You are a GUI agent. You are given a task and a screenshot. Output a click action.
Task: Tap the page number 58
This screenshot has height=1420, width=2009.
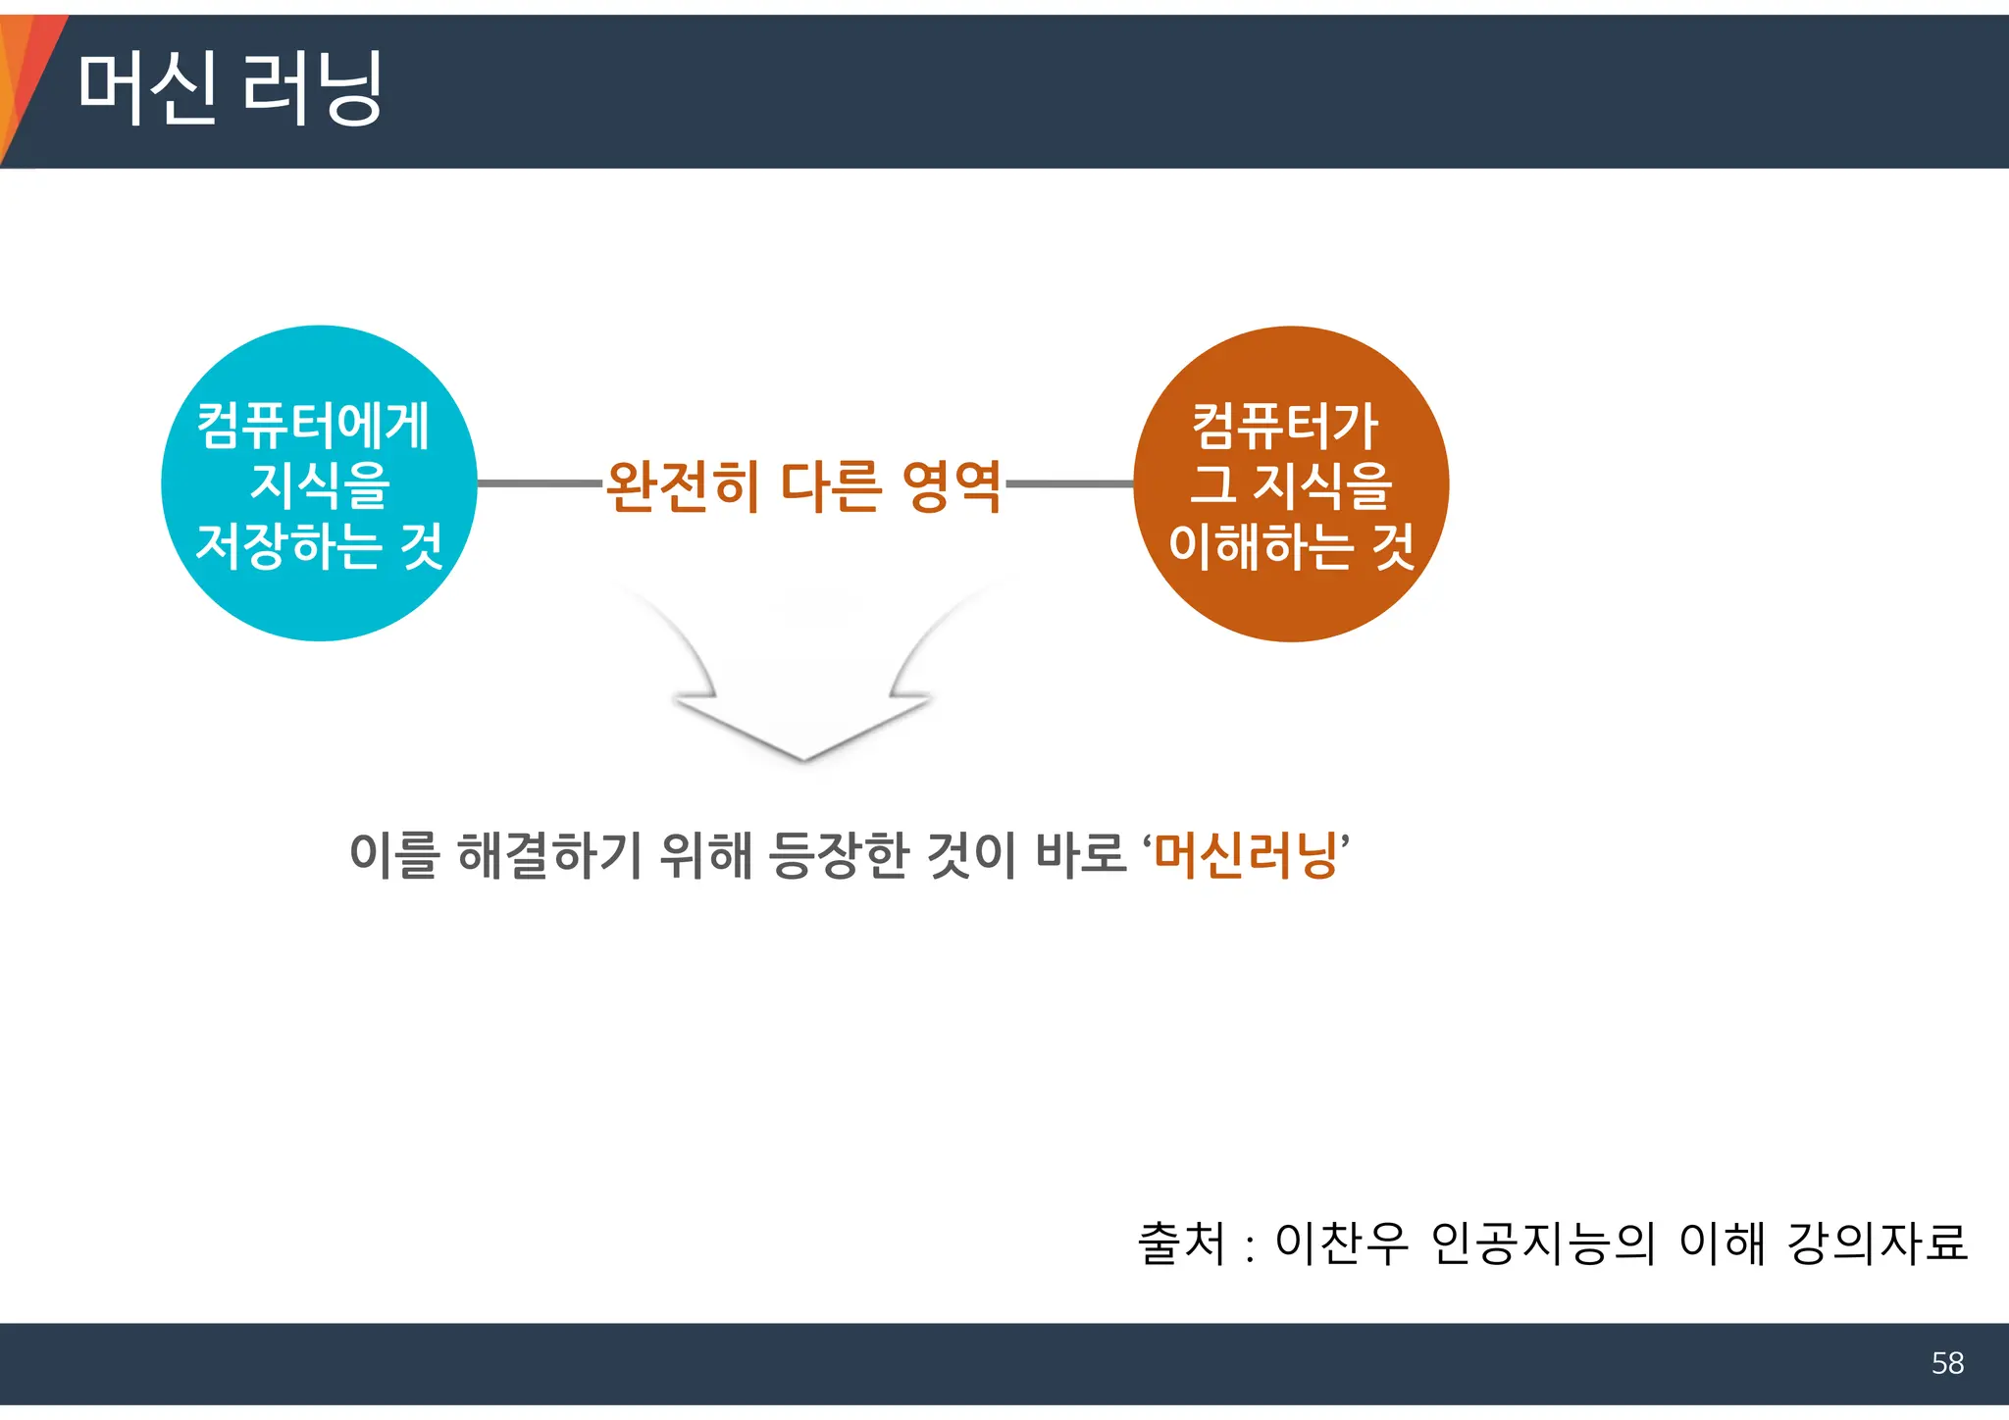tap(1947, 1363)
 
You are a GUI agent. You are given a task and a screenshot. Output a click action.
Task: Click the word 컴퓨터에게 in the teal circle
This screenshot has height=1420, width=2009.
tap(314, 426)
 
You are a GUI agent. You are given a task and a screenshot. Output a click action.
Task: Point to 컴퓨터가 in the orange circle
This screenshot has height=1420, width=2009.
tap(1286, 426)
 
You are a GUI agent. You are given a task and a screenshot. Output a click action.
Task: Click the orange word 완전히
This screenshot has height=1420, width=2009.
tap(683, 486)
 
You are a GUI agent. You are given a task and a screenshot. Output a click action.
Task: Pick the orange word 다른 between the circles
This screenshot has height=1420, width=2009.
tap(830, 486)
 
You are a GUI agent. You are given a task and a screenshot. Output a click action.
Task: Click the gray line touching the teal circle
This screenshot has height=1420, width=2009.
tap(540, 483)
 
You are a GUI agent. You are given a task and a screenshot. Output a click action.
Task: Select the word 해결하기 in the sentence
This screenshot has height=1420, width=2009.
tap(549, 855)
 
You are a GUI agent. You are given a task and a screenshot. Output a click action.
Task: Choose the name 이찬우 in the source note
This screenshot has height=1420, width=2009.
tap(1340, 1243)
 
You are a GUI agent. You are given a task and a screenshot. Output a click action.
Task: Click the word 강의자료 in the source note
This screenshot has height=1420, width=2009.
tap(1878, 1243)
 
